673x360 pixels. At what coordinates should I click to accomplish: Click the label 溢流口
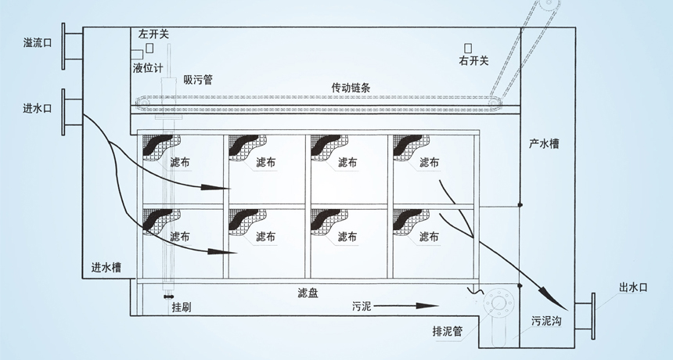point(37,44)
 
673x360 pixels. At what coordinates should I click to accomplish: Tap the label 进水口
point(37,109)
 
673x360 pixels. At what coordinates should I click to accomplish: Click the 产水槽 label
point(543,145)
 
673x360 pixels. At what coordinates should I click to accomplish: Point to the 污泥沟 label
point(547,321)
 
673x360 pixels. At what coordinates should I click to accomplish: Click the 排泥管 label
point(447,330)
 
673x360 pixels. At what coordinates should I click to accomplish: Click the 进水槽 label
point(106,268)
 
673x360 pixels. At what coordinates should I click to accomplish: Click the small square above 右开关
point(467,48)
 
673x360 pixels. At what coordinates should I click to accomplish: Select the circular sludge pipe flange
point(498,307)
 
